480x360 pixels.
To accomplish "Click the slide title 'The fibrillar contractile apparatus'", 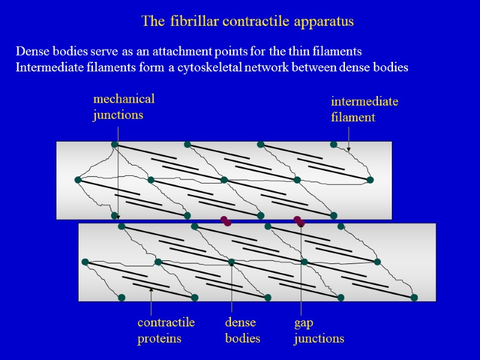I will click(247, 22).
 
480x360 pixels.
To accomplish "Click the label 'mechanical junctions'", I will click(123, 106).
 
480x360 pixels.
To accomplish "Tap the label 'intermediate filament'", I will click(364, 109).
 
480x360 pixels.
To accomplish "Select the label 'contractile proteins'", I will click(166, 330).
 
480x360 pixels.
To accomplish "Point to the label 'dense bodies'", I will click(242, 330).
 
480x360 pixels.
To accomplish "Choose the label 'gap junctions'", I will click(319, 330).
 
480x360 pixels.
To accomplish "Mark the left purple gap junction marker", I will click(226, 221).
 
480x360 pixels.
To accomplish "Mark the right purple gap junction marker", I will click(299, 221).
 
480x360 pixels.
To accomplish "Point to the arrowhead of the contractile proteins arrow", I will click(151, 290).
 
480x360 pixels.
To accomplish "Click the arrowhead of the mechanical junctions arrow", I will click(118, 217).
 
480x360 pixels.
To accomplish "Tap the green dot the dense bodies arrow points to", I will click(232, 262).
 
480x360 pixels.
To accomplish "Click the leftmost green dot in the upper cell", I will click(77, 180).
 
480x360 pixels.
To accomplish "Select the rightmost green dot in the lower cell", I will click(414, 298).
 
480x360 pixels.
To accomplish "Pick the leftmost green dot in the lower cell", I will click(85, 262).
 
